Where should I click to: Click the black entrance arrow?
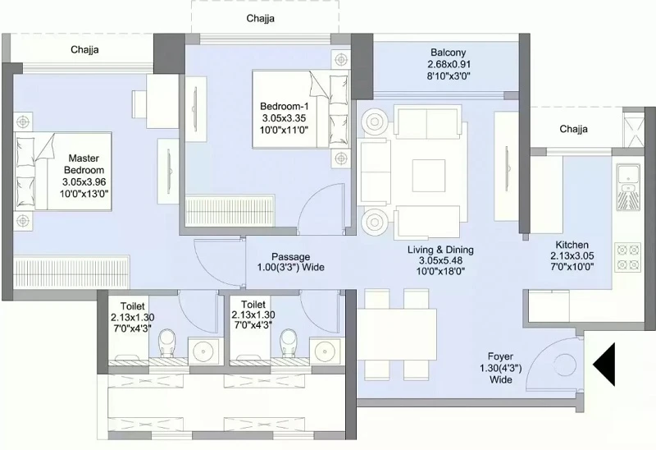[604, 364]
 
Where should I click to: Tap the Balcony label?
[448, 53]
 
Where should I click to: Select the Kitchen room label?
[572, 245]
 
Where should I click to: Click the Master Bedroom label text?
[84, 164]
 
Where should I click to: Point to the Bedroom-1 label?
[284, 107]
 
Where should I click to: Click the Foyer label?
[500, 356]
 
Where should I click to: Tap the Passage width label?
[291, 262]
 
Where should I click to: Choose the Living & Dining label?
[440, 250]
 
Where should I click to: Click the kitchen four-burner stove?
[628, 257]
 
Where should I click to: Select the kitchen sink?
[628, 187]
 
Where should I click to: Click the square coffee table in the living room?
[429, 175]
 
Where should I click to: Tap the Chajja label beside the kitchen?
[573, 129]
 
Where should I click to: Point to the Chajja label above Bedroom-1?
[260, 18]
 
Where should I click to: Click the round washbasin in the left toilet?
[203, 349]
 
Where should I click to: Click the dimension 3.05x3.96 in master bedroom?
[84, 182]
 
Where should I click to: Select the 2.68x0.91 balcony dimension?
[449, 64]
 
